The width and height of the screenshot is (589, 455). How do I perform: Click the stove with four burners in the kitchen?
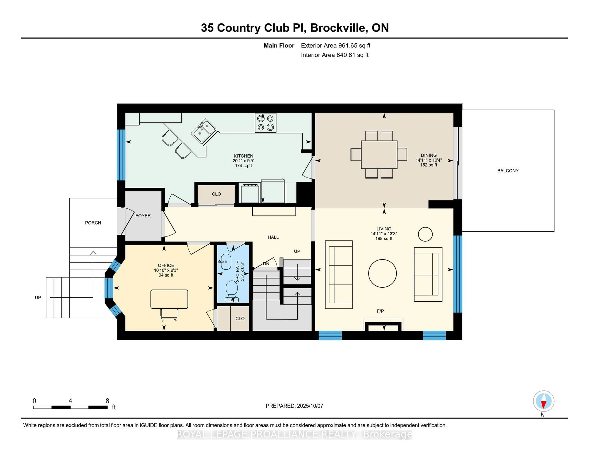click(265, 123)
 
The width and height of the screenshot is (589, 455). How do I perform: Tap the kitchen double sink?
click(203, 131)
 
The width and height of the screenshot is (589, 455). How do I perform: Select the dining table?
click(379, 155)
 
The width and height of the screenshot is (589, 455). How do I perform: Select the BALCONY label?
click(508, 171)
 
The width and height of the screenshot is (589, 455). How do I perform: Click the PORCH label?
click(93, 223)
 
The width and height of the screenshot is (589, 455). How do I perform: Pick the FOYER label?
click(143, 216)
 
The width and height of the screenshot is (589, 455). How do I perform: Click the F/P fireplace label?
click(380, 311)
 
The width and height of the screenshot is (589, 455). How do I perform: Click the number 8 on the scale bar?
click(107, 401)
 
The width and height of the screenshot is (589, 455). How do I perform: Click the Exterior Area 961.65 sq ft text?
click(335, 46)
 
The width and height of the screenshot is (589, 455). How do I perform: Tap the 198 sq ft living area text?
click(383, 239)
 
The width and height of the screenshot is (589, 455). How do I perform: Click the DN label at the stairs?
click(266, 264)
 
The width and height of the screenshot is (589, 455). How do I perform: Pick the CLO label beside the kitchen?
click(216, 194)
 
